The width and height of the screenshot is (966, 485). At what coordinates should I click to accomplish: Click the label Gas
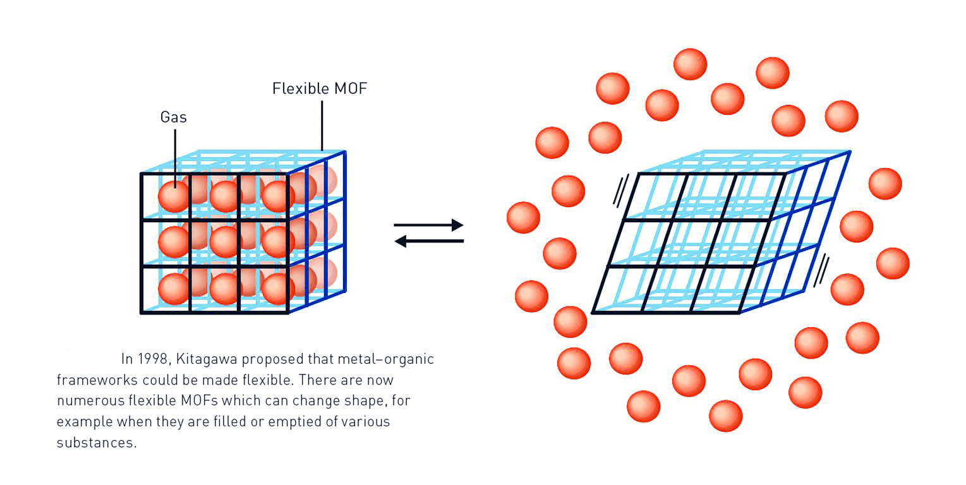tap(173, 117)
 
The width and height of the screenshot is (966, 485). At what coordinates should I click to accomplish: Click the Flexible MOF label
tap(319, 89)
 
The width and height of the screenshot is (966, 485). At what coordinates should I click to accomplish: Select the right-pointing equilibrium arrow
tap(428, 225)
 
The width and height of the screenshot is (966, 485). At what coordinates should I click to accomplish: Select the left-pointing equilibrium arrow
tap(428, 241)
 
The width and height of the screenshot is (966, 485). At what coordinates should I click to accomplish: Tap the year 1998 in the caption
tap(153, 359)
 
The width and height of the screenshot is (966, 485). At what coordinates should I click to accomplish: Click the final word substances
tap(96, 442)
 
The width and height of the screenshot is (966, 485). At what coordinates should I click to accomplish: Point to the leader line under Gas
tap(174, 155)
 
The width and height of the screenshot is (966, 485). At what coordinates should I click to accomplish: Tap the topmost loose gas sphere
tap(690, 64)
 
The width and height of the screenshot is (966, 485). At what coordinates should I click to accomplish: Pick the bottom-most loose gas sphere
tap(725, 416)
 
